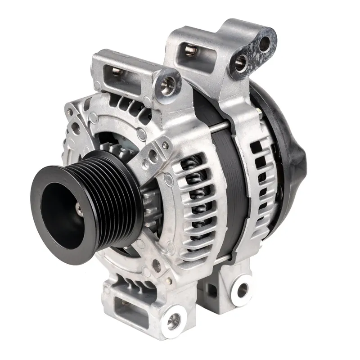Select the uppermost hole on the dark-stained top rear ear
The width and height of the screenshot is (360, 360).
265,44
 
